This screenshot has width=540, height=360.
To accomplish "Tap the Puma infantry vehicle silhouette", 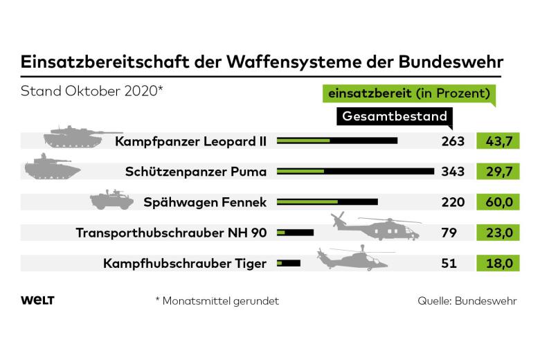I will click(52, 168).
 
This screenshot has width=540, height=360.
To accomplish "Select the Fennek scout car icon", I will click(111, 201).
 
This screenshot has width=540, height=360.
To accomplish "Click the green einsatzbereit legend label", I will click(409, 93).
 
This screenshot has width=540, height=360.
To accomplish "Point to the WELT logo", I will click(38, 300).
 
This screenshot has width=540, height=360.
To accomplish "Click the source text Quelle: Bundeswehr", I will click(467, 301).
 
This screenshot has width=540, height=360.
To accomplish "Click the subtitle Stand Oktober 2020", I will click(91, 91).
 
